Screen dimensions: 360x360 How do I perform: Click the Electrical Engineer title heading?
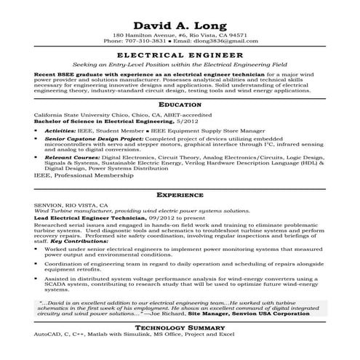(180, 55)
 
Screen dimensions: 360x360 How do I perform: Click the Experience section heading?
(180, 196)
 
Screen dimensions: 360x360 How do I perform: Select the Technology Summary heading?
(180, 328)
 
